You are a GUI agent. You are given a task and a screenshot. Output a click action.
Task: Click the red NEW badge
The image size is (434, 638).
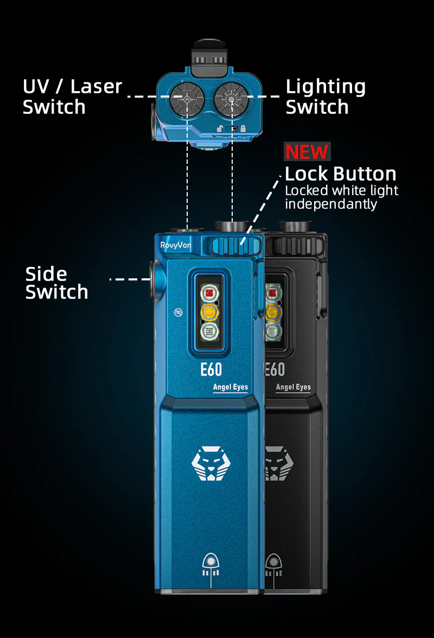[x=307, y=152]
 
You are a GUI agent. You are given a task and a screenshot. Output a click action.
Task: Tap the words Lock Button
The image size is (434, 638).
[x=341, y=174]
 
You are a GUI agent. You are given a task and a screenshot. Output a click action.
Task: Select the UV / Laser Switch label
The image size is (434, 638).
[x=72, y=97]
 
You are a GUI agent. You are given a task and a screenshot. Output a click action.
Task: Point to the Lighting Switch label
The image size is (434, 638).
[x=325, y=97]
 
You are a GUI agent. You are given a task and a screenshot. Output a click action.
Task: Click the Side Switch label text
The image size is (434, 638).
[x=56, y=283]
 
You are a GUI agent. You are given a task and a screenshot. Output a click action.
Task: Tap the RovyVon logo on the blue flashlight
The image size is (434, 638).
[x=175, y=245]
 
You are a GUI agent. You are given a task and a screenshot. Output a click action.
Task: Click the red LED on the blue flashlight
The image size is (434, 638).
[x=210, y=292]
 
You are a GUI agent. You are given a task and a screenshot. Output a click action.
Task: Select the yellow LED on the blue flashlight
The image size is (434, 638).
[x=210, y=312]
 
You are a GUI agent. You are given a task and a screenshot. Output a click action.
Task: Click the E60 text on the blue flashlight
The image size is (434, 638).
[x=211, y=369]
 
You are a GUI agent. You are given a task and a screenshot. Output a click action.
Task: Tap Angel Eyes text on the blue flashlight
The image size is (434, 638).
[x=230, y=387]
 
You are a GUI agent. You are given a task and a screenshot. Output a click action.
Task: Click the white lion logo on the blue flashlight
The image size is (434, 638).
[x=210, y=463]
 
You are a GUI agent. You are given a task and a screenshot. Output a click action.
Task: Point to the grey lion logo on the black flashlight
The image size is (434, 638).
[x=279, y=463]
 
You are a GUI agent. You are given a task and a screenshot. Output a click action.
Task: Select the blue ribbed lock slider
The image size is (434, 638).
[x=237, y=246]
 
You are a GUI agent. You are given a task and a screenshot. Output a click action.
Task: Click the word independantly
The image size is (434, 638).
[x=331, y=204]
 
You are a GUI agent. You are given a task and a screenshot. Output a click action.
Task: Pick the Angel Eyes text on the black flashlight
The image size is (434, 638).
[x=293, y=387]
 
